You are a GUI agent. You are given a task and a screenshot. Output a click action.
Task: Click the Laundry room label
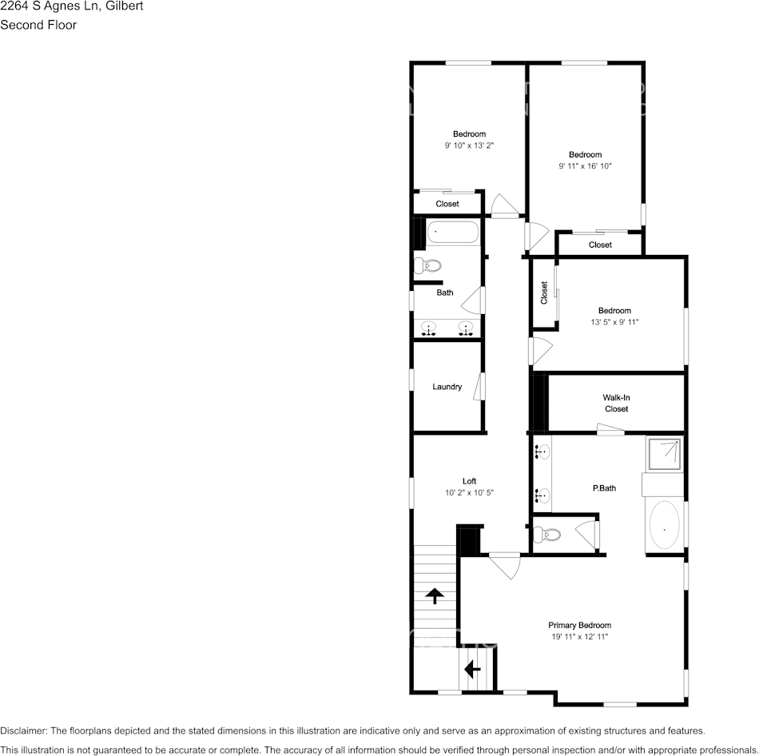447,387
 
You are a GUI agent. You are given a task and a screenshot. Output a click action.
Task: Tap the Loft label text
470,481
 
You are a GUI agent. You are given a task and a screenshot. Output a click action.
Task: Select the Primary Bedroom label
579,626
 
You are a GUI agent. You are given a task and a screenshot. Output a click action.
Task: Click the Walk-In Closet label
616,403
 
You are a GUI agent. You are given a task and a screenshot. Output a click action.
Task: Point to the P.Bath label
604,488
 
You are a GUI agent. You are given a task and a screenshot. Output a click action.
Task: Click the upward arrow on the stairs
434,595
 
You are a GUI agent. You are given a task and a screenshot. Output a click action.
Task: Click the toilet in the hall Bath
429,265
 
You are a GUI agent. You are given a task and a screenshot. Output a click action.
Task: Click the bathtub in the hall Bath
452,234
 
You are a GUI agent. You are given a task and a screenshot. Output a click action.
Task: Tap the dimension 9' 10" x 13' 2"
469,145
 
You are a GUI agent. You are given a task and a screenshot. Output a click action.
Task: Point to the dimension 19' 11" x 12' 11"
579,637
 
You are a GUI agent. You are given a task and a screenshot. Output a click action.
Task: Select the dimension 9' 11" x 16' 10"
585,166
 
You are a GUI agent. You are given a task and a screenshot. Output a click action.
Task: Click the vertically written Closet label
544,292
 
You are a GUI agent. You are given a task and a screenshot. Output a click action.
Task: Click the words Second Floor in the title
38,25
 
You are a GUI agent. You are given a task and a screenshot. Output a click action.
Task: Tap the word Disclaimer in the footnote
24,730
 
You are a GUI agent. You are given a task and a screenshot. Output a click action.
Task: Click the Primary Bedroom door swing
506,567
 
